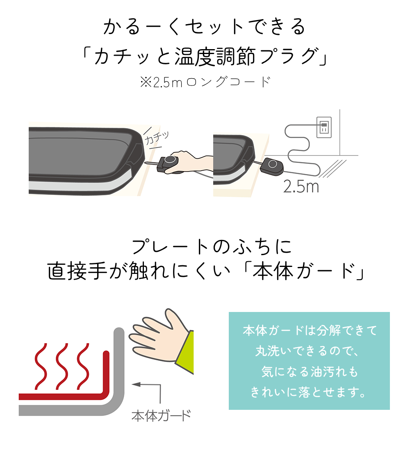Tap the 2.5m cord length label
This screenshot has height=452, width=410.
(301, 187)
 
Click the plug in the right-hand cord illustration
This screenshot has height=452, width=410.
(272, 165)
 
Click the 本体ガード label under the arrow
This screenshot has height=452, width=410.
(161, 416)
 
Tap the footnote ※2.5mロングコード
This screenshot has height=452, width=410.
(205, 82)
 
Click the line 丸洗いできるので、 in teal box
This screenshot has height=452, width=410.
(308, 351)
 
